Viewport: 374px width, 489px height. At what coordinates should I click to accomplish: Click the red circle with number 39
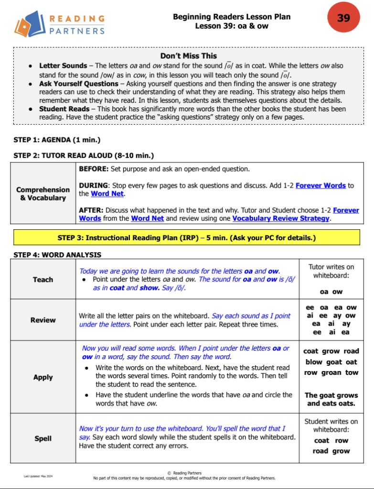(x=343, y=19)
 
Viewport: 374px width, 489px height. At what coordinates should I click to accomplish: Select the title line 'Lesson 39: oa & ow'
(x=232, y=26)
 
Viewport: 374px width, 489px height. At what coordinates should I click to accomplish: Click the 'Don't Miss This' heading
(x=188, y=56)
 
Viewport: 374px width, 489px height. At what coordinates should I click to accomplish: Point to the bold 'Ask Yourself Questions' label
(x=79, y=84)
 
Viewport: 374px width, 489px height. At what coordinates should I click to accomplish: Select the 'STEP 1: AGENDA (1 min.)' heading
(x=57, y=140)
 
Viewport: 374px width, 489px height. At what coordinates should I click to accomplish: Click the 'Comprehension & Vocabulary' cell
(x=43, y=193)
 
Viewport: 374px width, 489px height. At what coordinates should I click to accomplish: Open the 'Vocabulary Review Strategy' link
(x=281, y=218)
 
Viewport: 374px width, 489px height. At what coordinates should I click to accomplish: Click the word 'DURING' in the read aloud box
(x=91, y=185)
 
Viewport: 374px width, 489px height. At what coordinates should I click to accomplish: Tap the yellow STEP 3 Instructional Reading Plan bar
(x=186, y=237)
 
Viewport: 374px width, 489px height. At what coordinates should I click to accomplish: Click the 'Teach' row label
(x=43, y=279)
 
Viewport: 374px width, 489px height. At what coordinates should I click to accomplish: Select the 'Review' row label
(x=43, y=320)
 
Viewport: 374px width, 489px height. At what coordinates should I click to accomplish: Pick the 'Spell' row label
(x=43, y=438)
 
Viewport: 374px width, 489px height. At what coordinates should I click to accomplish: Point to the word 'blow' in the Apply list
(x=314, y=362)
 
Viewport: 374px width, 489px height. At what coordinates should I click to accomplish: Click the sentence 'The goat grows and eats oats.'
(x=331, y=399)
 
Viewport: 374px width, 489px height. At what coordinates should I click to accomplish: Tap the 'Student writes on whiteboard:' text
(x=331, y=425)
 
